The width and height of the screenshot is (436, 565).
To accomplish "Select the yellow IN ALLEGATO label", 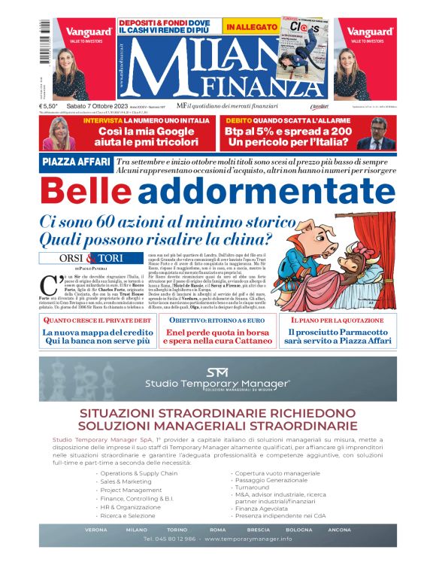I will [x=252, y=27].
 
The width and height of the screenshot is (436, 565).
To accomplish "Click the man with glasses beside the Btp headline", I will [x=380, y=133].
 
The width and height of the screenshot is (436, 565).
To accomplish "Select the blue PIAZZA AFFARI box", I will [x=75, y=163].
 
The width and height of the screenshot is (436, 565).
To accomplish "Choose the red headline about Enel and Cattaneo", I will [x=218, y=336].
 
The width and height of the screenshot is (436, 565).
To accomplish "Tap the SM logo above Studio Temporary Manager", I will [x=218, y=371].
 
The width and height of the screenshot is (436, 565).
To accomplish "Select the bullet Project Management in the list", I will [x=135, y=490].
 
